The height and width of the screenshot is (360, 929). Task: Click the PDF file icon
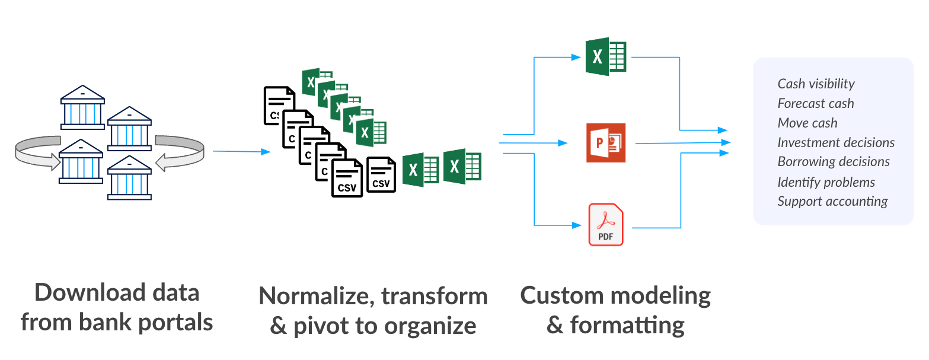[605, 224]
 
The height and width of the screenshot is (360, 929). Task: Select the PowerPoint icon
[606, 143]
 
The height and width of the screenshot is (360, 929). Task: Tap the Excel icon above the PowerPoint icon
[606, 57]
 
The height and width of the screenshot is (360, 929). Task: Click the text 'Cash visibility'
[816, 84]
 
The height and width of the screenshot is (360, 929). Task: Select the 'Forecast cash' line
[816, 103]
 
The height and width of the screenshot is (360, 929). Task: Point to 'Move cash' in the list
[807, 123]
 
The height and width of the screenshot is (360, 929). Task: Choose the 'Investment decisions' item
[836, 142]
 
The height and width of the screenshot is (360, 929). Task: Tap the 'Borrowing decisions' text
[834, 161]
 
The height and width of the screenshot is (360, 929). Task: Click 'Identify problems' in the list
[826, 181]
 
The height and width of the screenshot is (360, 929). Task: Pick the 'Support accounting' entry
[832, 201]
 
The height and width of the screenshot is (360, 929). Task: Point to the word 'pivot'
[323, 326]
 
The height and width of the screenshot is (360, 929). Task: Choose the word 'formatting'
[627, 325]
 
